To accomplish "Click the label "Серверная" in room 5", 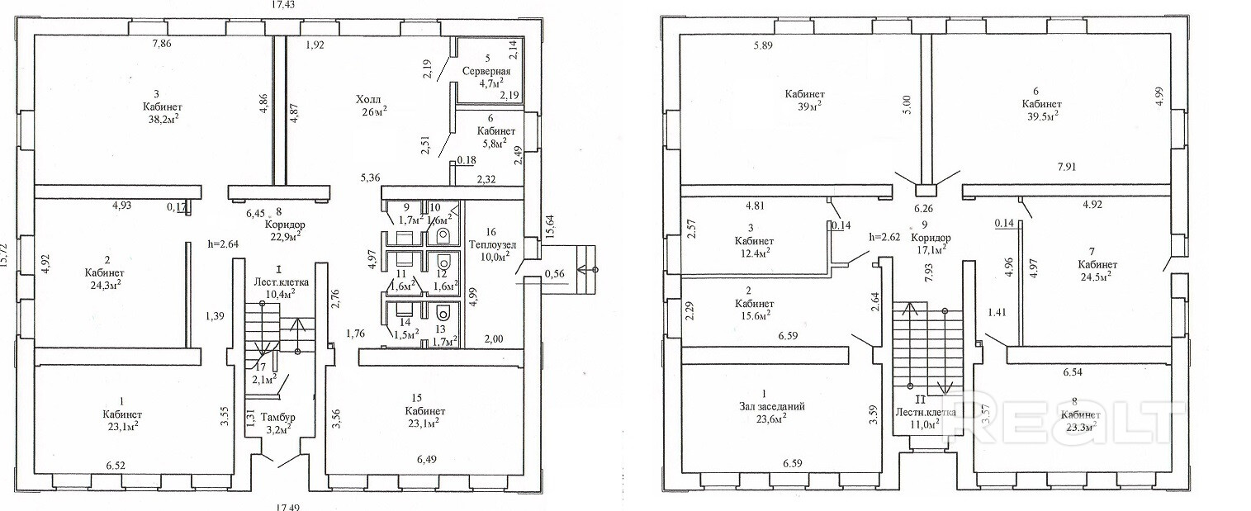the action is click(486, 71).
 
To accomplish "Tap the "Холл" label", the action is click(368, 99).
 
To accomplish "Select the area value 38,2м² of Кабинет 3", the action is click(162, 118).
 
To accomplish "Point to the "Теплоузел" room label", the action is click(493, 244).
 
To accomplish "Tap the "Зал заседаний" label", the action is click(772, 406).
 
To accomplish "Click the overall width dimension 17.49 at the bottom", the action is click(287, 506).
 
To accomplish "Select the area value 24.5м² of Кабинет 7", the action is click(1097, 277).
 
